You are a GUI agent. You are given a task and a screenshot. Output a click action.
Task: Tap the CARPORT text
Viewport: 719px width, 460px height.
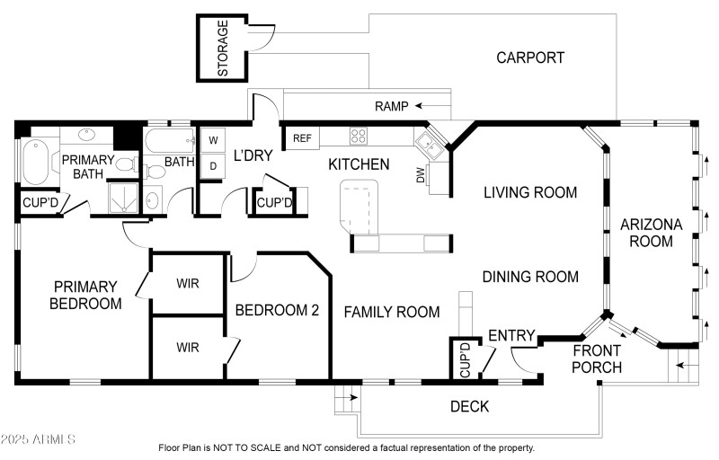click(530, 57)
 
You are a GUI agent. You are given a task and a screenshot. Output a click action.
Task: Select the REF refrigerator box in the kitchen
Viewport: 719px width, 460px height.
click(303, 137)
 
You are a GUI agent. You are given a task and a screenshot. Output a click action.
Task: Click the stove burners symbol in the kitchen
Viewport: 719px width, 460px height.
click(358, 137)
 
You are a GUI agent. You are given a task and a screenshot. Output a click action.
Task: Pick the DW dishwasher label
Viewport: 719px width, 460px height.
click(420, 176)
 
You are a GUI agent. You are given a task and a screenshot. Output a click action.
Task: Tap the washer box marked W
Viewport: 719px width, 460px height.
click(214, 140)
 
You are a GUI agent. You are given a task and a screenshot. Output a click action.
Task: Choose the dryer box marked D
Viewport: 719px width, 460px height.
click(214, 166)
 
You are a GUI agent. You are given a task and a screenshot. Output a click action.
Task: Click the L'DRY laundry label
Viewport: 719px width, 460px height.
click(252, 155)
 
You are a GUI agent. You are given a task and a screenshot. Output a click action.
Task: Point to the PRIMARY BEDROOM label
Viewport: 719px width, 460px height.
click(85, 295)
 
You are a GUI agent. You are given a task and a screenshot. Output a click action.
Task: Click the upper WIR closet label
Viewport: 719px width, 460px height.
click(188, 283)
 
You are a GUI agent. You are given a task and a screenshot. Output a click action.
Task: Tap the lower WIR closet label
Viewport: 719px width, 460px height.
click(188, 347)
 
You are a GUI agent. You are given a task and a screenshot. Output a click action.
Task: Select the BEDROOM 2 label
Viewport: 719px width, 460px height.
click(277, 311)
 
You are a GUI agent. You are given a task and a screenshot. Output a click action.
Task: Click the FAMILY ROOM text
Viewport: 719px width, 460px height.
click(392, 312)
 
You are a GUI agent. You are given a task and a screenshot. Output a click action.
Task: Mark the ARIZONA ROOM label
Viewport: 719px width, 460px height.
click(652, 232)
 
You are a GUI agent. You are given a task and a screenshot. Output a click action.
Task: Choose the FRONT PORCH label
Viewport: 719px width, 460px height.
click(597, 358)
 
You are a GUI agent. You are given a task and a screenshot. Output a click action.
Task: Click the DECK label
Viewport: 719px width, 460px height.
click(469, 407)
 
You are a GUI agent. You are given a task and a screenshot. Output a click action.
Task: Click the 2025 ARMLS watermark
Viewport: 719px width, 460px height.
click(39, 440)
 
